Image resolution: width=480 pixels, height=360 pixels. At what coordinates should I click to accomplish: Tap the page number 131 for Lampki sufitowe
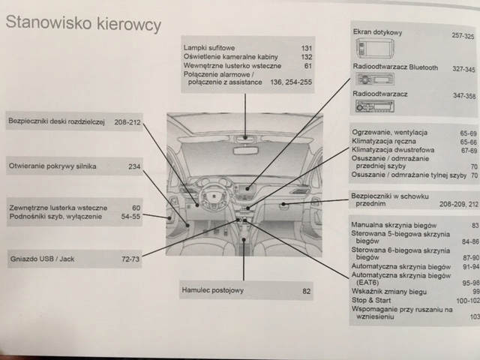tap(306, 48)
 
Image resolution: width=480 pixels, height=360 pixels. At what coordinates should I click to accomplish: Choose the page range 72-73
tap(130, 259)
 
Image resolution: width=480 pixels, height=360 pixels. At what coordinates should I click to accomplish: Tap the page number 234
tap(134, 166)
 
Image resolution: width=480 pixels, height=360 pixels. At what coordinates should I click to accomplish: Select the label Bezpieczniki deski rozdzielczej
tap(55, 121)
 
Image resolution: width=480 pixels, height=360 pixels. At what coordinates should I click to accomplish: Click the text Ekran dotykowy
tap(378, 34)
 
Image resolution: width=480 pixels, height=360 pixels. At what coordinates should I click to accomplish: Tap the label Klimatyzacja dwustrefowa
tap(390, 149)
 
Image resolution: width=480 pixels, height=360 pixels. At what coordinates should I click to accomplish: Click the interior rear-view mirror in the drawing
tap(245, 139)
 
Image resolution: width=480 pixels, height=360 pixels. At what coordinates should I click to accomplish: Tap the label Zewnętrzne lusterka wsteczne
tap(58, 207)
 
